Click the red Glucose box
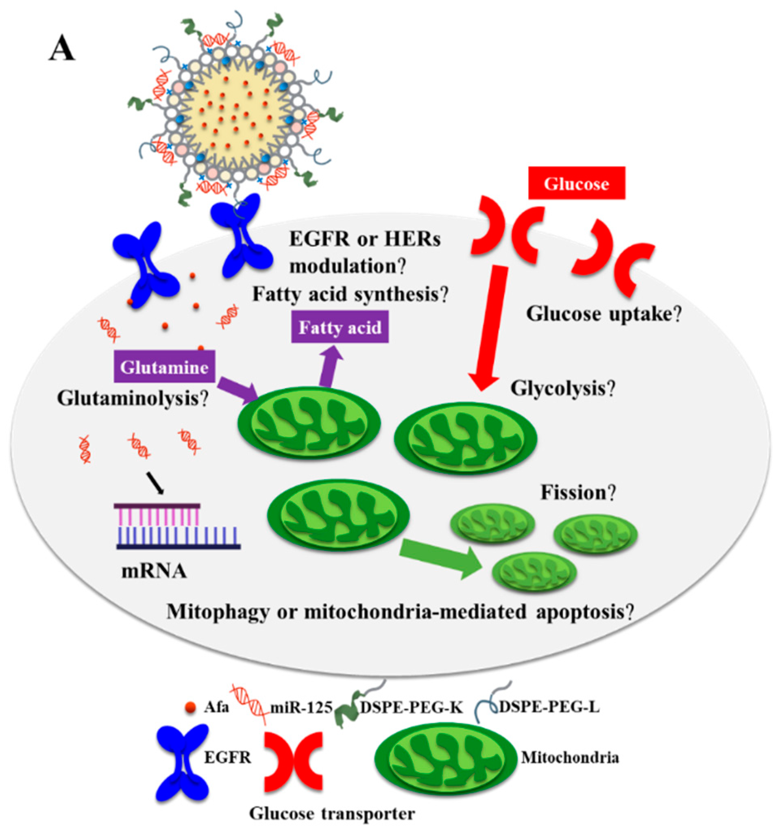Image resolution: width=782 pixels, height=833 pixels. coord(576,183)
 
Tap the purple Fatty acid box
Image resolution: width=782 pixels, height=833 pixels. coord(340,327)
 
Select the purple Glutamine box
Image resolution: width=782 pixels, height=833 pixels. coord(164,367)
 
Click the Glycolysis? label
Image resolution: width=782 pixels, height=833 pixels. coord(563,389)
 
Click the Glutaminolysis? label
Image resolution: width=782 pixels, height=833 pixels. coord(133,398)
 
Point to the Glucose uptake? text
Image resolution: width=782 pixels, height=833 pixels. coord(603,314)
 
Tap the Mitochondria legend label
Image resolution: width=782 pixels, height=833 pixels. coord(570,757)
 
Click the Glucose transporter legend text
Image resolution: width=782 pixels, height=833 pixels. coord(332,814)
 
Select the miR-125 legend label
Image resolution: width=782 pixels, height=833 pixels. coord(300,708)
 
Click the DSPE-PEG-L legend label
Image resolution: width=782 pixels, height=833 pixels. coord(549,707)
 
